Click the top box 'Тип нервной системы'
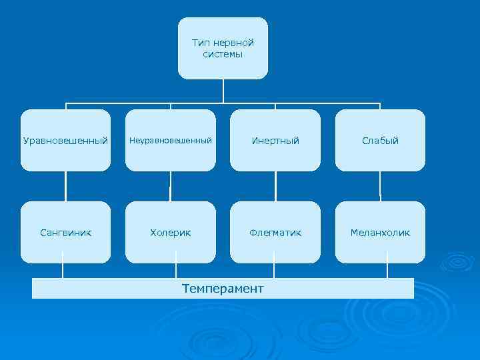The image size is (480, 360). [223, 48]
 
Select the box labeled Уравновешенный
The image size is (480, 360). [65, 141]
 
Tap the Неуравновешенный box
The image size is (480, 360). [171, 141]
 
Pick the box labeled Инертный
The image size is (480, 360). [275, 141]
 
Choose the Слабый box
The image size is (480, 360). [380, 141]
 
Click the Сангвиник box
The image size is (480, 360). [65, 233]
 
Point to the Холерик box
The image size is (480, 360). [171, 233]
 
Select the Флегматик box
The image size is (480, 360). [275, 233]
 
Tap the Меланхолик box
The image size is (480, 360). [380, 233]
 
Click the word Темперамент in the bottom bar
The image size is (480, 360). [223, 289]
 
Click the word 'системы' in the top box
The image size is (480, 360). [223, 54]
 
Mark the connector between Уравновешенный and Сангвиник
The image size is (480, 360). [65, 187]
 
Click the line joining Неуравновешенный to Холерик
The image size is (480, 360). [171, 187]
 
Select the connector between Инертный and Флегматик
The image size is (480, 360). [275, 187]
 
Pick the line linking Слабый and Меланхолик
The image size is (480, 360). [380, 187]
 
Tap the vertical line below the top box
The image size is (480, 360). [223, 91]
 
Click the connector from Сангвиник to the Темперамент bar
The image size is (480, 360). [63, 271]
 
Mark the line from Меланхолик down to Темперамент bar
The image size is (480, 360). [387, 271]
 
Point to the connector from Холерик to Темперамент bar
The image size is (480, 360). [176, 271]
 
